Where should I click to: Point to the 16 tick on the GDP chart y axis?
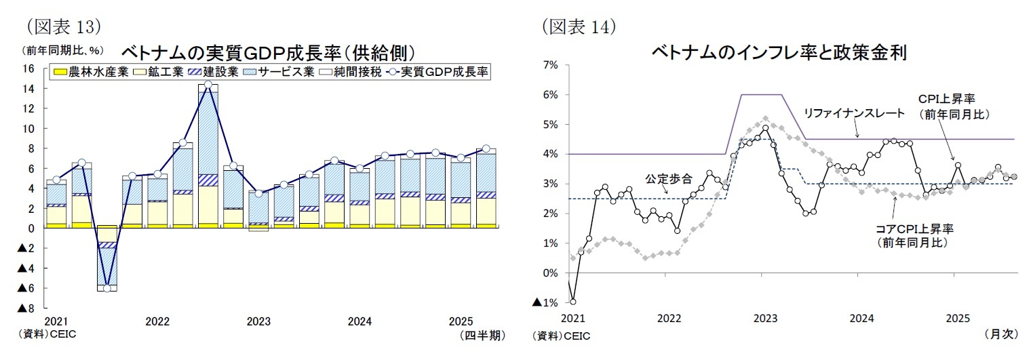[28, 68]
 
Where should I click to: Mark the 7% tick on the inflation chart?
[549, 65]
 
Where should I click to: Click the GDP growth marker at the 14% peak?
[208, 85]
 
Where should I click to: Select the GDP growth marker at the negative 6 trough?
[106, 288]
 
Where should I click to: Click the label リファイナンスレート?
[854, 113]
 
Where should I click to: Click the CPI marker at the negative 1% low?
[572, 302]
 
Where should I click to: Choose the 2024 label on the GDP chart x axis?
[359, 321]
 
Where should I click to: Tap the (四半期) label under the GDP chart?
[482, 335]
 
